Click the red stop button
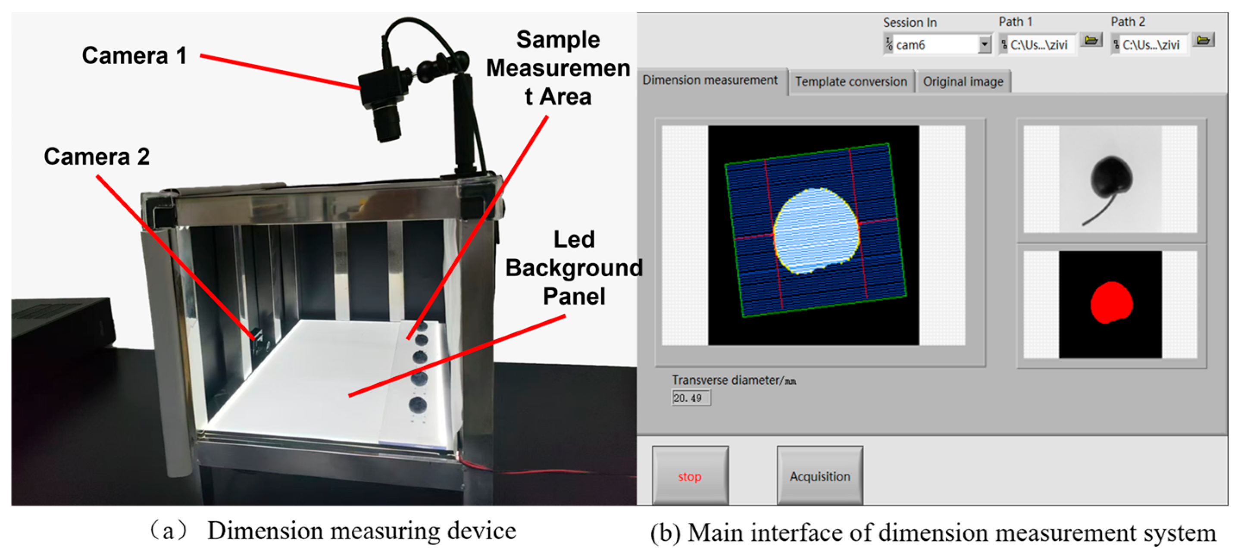click(690, 476)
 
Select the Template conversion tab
click(850, 81)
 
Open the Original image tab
click(963, 81)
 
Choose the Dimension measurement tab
click(710, 80)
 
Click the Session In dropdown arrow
click(984, 45)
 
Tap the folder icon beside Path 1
click(1091, 41)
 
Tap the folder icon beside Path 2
click(1204, 41)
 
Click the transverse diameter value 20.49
click(690, 398)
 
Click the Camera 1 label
click(134, 56)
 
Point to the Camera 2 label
click(97, 156)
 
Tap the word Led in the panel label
click(574, 239)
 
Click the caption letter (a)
click(168, 531)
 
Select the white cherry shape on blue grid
click(816, 230)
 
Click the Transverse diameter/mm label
click(733, 380)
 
